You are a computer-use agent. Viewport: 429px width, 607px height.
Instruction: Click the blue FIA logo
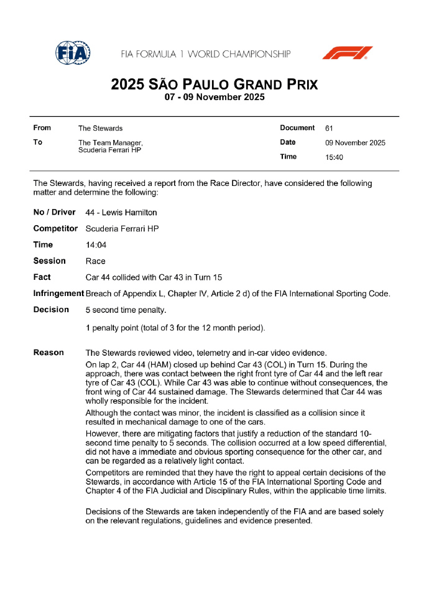click(73, 53)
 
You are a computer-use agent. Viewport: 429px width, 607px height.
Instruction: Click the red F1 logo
click(347, 53)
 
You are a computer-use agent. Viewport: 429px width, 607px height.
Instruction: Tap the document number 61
click(330, 128)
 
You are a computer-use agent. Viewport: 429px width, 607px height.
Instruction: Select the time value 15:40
click(334, 157)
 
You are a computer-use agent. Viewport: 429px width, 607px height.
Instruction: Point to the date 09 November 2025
click(356, 143)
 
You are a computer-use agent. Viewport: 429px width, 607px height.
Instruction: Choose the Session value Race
click(95, 261)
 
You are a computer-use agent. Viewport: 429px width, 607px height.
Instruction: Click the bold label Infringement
click(58, 294)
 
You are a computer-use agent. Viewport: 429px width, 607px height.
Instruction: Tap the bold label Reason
click(48, 353)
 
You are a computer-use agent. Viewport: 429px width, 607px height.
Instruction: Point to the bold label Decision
click(51, 310)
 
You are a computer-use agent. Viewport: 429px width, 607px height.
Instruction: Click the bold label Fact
click(42, 277)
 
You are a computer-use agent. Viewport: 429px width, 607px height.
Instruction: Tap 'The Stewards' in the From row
click(100, 128)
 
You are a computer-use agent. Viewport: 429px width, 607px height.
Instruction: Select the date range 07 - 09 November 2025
click(214, 97)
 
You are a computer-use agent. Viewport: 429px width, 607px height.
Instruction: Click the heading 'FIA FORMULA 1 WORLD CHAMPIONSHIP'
click(206, 54)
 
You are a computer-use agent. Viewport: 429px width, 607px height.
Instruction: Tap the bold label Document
click(297, 128)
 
